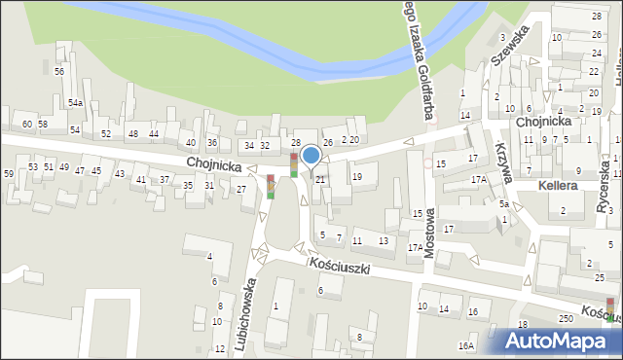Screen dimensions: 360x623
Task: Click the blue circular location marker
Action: pyautogui.click(x=311, y=155)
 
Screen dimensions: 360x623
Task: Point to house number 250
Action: pyautogui.click(x=566, y=319)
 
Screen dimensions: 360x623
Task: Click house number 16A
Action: pyautogui.click(x=466, y=345)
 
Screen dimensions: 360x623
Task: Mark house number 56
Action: pyautogui.click(x=59, y=72)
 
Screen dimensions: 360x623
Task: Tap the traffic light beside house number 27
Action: pyautogui.click(x=271, y=185)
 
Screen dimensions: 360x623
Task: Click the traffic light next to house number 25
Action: pyautogui.click(x=610, y=309)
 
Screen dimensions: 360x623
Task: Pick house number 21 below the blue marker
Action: pyautogui.click(x=319, y=179)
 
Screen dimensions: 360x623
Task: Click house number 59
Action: pyautogui.click(x=8, y=173)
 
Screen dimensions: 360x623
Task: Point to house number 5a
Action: pyautogui.click(x=504, y=204)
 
